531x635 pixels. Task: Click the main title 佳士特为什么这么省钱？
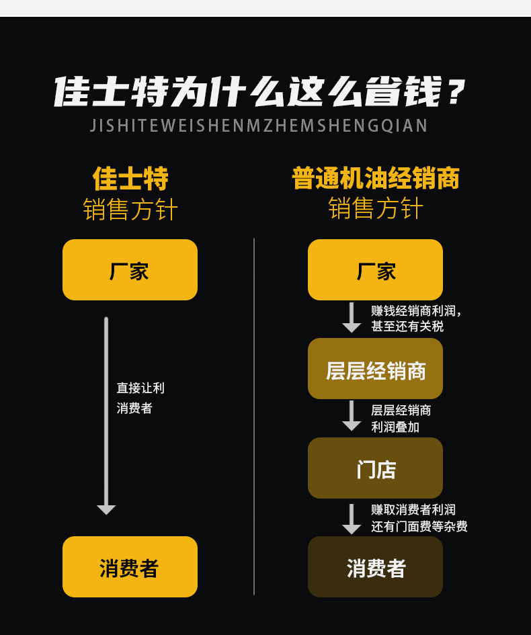tap(259, 91)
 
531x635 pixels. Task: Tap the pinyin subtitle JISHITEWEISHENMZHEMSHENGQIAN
tap(258, 126)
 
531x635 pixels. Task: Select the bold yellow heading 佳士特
tap(130, 178)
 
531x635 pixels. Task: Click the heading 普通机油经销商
tap(376, 178)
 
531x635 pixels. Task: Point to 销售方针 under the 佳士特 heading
tap(130, 209)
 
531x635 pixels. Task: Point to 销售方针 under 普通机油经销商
tap(376, 208)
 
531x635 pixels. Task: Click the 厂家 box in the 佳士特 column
tap(130, 269)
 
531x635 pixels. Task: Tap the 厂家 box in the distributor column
tap(375, 269)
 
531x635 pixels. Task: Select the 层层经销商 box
tap(375, 368)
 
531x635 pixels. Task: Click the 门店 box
tap(375, 468)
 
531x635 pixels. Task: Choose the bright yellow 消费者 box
tap(130, 566)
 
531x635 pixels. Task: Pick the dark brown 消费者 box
tap(375, 566)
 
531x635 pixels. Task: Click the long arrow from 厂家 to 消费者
tap(106, 415)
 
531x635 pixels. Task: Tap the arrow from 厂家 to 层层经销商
tap(352, 317)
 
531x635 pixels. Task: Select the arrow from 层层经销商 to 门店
tap(352, 416)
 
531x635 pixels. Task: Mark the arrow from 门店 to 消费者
tap(352, 519)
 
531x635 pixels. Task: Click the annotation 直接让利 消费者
tap(140, 398)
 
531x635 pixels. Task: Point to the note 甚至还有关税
tap(407, 326)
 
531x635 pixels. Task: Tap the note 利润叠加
tap(395, 427)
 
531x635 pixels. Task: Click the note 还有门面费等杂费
tap(419, 526)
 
